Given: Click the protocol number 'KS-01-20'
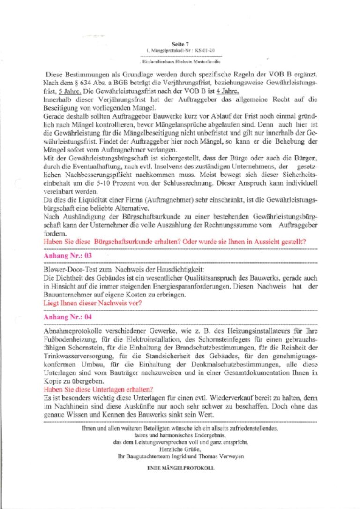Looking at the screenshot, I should pos(205,49).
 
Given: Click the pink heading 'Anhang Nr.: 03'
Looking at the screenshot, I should pos(67,256).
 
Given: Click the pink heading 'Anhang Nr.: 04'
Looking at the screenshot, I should pos(67,317).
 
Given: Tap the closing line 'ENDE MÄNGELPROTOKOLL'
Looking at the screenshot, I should pos(180,468).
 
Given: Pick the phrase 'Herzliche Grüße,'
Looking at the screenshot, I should pos(180,449).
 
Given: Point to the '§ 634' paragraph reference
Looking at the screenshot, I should pos(78,83).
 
